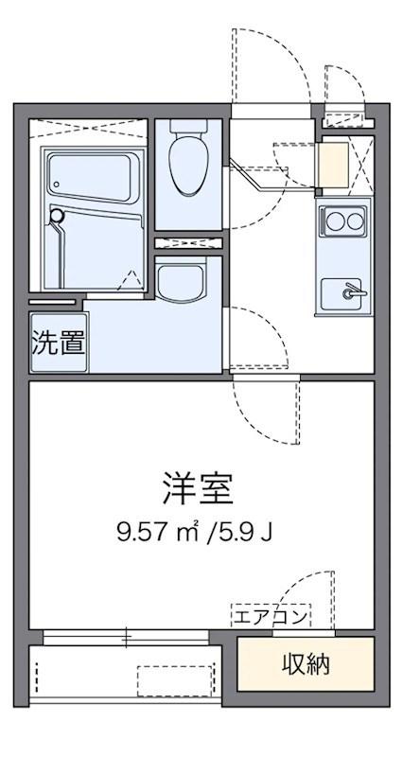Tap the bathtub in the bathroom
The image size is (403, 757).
tap(93, 177)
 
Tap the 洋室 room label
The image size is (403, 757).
tap(198, 488)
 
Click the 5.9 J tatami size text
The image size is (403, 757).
tap(250, 533)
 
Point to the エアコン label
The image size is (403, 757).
tap(271, 617)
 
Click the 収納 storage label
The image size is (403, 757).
tap(306, 665)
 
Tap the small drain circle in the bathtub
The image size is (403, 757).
tap(57, 184)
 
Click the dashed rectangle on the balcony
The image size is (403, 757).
tap(175, 680)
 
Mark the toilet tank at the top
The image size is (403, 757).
tap(188, 127)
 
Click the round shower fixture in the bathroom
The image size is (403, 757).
tap(57, 216)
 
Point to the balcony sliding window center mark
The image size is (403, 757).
tap(127, 637)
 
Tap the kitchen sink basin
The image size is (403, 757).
tap(343, 293)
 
